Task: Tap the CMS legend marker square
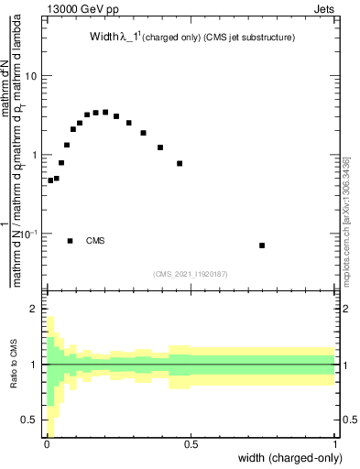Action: (x=71, y=241)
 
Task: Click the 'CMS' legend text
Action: (x=95, y=241)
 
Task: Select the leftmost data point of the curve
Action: (x=50, y=180)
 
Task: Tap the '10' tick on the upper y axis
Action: (x=31, y=76)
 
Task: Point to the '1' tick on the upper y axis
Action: (x=34, y=155)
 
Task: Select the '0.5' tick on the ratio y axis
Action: (x=29, y=420)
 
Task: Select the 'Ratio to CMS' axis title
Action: (x=12, y=365)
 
